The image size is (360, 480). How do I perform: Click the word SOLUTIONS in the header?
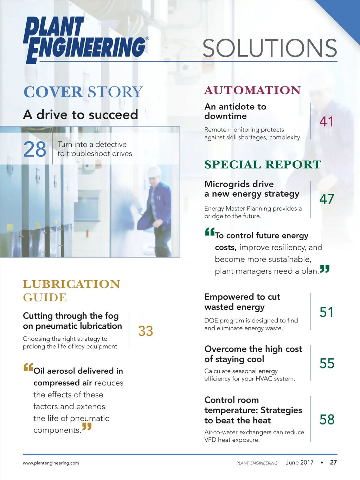[270, 49]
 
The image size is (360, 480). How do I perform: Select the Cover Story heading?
[83, 92]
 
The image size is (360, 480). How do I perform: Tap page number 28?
[35, 149]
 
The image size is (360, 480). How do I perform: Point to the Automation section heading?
[252, 90]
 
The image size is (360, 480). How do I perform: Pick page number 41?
[326, 122]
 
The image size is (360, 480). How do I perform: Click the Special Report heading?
[263, 165]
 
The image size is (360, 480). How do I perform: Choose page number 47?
[327, 199]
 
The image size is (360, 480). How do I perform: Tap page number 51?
[327, 312]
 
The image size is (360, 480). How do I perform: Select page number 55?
[327, 364]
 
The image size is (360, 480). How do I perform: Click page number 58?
[327, 420]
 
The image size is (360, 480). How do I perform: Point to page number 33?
[146, 331]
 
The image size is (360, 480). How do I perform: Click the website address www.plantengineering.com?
[51, 463]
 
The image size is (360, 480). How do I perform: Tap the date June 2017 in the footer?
[300, 462]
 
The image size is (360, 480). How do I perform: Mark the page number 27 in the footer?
[333, 462]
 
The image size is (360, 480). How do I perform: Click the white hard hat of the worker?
[154, 172]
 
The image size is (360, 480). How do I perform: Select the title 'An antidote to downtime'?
[235, 111]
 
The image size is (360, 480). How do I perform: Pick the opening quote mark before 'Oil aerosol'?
[28, 367]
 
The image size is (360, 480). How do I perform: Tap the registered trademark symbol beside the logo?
[147, 38]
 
